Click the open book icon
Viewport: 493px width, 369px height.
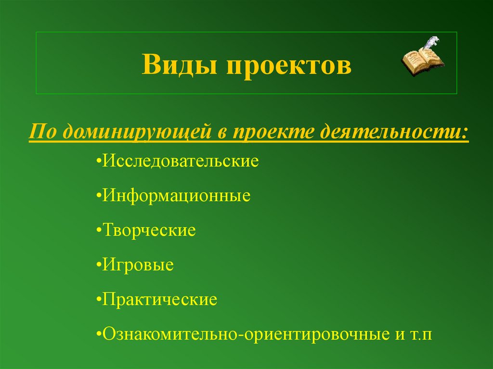[x=421, y=61]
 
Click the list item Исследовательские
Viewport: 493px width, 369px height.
[x=181, y=161]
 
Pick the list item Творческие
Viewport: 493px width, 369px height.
[x=149, y=230]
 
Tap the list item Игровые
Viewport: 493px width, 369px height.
[x=138, y=265]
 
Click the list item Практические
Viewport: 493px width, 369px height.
[x=159, y=300]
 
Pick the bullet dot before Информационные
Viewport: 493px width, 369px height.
[x=99, y=197]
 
